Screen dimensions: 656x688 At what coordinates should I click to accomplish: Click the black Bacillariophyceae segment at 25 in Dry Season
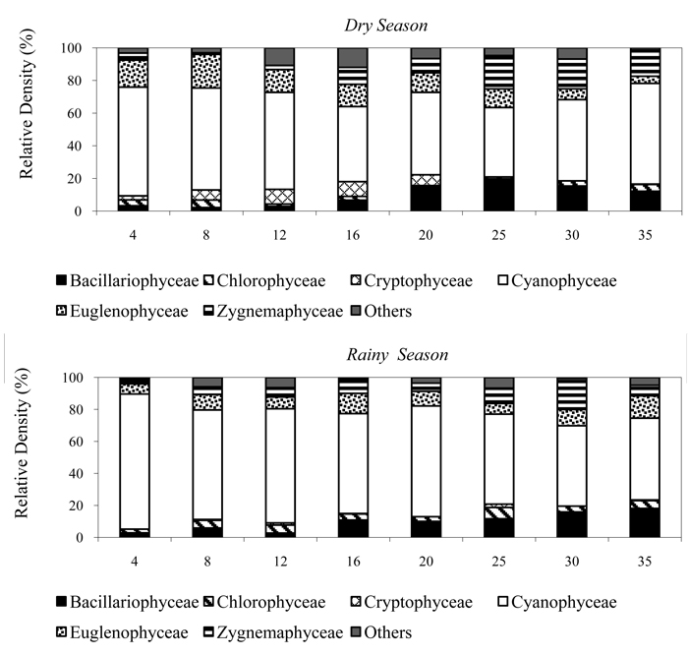coord(500,194)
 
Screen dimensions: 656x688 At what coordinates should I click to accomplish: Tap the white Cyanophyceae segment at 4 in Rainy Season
coord(133,461)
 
